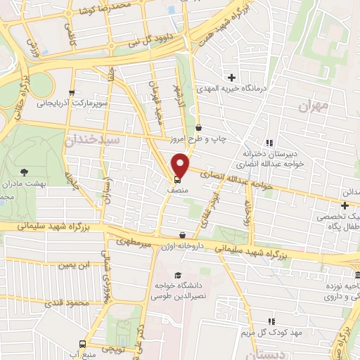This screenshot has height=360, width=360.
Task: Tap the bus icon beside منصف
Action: [175, 179]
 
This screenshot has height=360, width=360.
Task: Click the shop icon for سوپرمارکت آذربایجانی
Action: [71, 92]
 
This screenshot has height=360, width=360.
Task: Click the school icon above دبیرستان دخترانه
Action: [269, 142]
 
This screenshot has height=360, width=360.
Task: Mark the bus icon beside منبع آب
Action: [84, 345]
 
